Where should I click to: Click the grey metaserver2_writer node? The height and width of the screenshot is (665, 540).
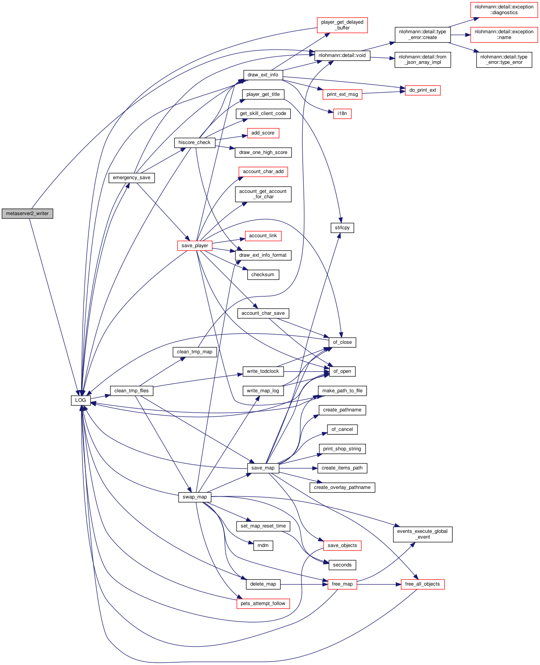27,214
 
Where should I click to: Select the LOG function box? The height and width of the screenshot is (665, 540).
81,400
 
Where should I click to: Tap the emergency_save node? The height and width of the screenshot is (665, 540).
132,178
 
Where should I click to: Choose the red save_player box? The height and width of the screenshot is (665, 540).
195,246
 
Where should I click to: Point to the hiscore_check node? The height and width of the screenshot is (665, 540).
195,142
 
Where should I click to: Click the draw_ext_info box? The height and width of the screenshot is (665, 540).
263,75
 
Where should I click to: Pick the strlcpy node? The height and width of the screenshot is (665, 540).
342,228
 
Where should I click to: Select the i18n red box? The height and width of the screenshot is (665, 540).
342,113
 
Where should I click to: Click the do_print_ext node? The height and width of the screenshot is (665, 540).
422,90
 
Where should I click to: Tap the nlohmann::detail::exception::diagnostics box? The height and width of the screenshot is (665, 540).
504,10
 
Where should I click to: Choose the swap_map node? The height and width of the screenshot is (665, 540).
195,497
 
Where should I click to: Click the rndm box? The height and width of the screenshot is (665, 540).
263,545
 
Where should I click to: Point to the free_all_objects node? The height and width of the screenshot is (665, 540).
422,584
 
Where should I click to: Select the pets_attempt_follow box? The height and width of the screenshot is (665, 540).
263,604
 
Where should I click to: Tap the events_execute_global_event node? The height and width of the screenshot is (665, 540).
422,534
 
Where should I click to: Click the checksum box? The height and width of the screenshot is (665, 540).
263,275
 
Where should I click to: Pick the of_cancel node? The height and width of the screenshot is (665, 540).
342,429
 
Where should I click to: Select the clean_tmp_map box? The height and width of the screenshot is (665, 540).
195,352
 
